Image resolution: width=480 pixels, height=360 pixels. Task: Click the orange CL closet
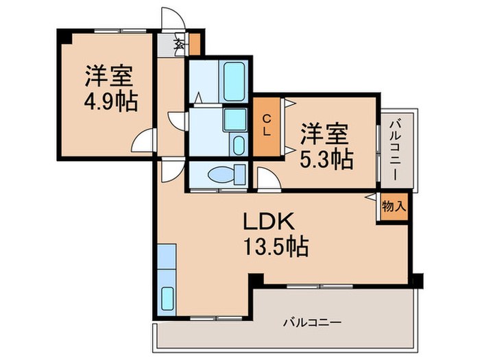pos(266,125)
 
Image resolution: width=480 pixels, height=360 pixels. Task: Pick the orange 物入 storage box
pos(393,206)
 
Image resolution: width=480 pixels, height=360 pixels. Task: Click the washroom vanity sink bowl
pos(238,145)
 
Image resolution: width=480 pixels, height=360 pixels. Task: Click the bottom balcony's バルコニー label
pos(311,321)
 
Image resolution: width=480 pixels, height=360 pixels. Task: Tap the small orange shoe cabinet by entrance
pos(194,43)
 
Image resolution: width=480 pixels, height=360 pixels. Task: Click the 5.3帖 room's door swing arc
pos(268,178)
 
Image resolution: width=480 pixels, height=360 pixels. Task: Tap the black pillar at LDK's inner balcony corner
pos(256,280)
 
